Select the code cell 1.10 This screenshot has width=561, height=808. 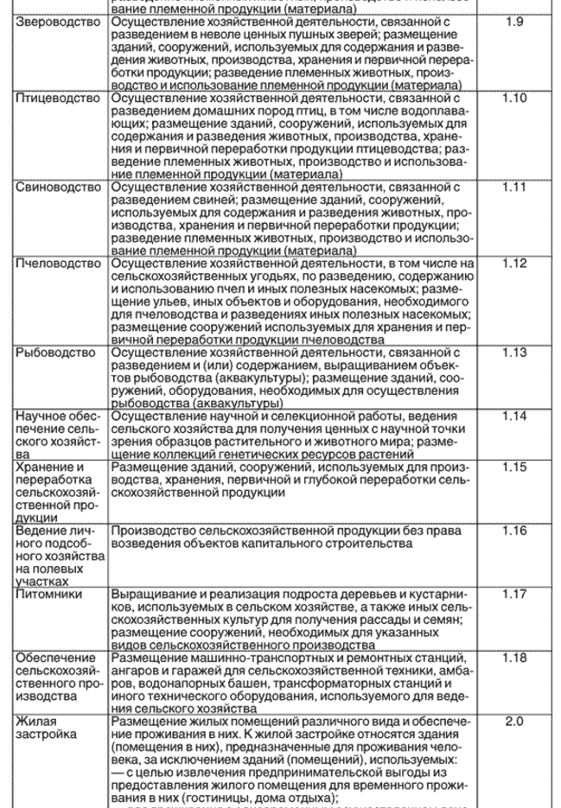click(513, 100)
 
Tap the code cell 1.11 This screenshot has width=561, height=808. click(513, 187)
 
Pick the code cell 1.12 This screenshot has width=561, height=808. click(513, 262)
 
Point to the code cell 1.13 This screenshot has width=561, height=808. click(513, 353)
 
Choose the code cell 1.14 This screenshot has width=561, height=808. click(513, 417)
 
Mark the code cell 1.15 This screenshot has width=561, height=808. click(513, 467)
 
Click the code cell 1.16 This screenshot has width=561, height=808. click(513, 530)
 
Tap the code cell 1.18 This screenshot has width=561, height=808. click(513, 658)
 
